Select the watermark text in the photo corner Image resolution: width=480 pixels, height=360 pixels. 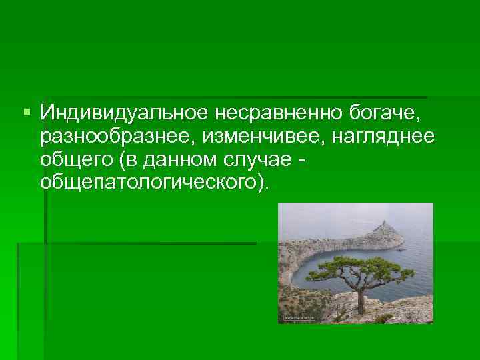point(300,319)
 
